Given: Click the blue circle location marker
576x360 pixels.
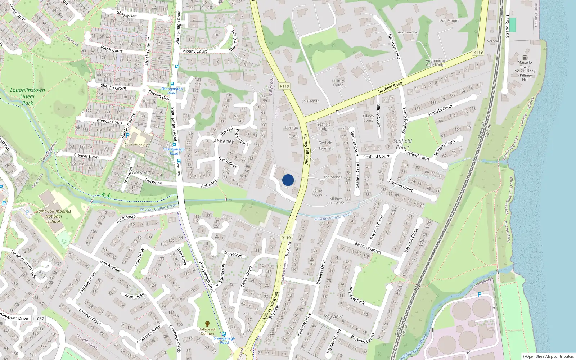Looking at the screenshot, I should [288, 180].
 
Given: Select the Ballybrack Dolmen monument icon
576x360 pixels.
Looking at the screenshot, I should [207, 324].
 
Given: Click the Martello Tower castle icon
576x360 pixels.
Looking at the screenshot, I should [525, 58].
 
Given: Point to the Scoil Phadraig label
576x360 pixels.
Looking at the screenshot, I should [136, 144].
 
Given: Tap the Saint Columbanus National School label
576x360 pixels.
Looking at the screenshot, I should [54, 216].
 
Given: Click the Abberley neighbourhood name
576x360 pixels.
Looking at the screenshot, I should [224, 141].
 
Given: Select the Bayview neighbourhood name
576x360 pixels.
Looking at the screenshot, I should [333, 316].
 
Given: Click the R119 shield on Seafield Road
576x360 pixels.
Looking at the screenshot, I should [478, 52].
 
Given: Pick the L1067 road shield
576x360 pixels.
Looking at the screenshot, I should [38, 319].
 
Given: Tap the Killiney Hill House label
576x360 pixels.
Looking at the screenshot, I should [336, 201].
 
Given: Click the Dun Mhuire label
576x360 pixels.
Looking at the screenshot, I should [449, 21].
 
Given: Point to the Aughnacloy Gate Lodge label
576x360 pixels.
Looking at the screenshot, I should [436, 63].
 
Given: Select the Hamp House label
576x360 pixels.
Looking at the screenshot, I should [317, 192].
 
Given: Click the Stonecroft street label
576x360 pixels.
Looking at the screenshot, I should [233, 254].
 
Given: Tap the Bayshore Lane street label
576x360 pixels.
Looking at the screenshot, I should [394, 47].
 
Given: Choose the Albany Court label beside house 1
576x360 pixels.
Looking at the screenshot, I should [195, 51].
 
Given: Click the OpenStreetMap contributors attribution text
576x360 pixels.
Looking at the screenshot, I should [548, 356].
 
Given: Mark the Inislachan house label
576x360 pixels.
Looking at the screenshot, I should [311, 101].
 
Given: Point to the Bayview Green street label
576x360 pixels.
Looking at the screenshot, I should [368, 248].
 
